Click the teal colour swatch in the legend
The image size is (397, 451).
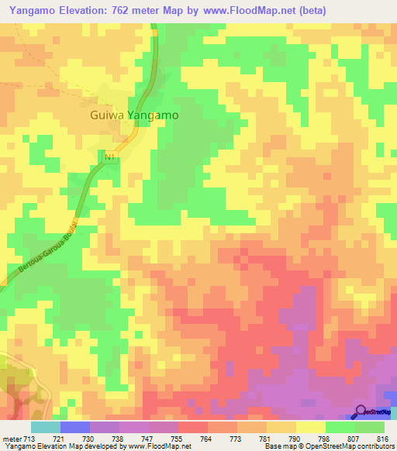click(45, 427)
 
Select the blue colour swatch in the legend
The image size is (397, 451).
click(75, 427)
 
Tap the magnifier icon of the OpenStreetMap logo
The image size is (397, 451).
click(361, 412)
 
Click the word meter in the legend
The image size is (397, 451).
click(7, 438)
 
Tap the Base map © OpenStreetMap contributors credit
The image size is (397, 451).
click(328, 446)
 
